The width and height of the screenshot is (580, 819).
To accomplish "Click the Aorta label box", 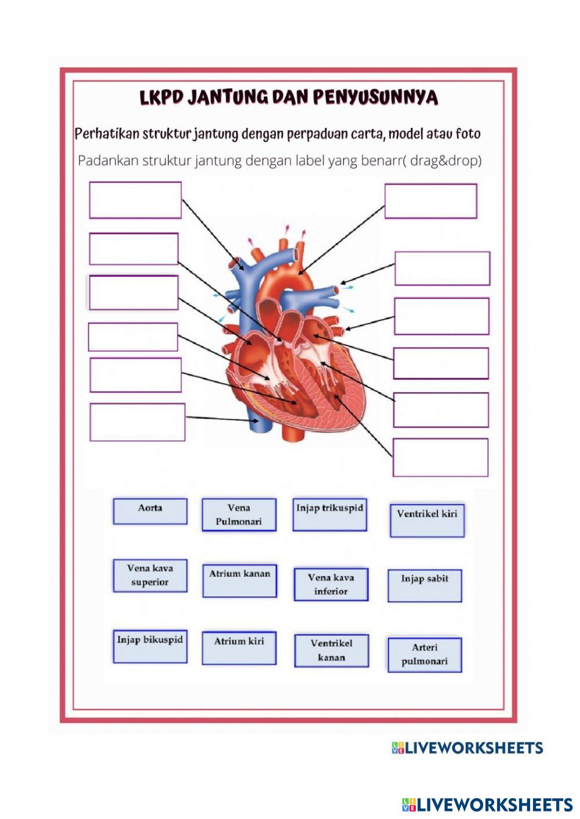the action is click(x=150, y=511).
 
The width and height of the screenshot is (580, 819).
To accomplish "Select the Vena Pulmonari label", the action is click(x=239, y=515).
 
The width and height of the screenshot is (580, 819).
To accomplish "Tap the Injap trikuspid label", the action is click(x=329, y=514).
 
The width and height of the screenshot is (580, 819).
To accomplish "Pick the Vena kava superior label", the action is click(x=150, y=576).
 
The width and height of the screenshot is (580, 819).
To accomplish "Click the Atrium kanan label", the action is click(x=240, y=580).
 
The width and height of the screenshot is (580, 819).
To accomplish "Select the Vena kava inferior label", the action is click(x=331, y=584).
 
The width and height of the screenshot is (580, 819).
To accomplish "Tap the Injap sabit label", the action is click(x=425, y=586).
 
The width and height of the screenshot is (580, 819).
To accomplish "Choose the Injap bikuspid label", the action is click(x=150, y=646).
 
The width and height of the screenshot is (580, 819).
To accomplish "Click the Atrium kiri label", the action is click(x=239, y=648).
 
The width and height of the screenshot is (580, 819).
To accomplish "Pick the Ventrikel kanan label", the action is click(x=331, y=650).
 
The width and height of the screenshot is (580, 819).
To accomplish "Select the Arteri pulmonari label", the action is click(x=425, y=655).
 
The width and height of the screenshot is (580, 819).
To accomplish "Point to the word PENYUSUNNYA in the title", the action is click(x=375, y=97).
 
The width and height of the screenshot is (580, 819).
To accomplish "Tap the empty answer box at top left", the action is click(x=135, y=200).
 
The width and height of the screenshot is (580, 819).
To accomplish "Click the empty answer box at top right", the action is click(x=431, y=201).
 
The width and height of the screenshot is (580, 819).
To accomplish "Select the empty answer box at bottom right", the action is click(x=440, y=458).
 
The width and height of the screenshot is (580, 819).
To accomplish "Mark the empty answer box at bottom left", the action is click(x=137, y=422).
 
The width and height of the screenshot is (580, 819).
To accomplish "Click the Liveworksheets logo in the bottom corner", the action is click(x=487, y=804).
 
